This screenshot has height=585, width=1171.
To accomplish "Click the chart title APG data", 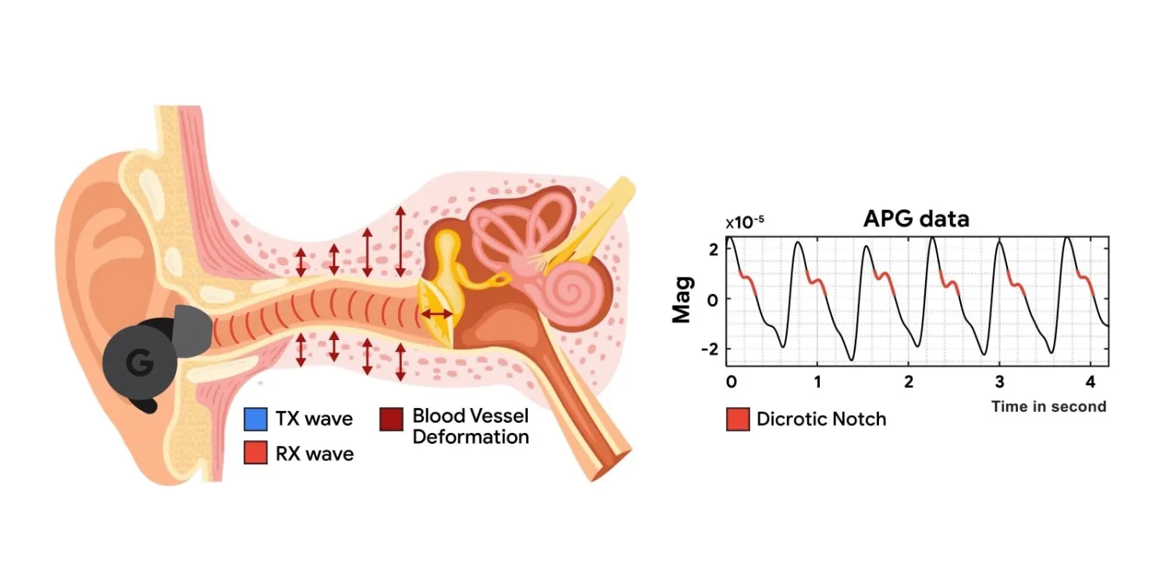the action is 916,219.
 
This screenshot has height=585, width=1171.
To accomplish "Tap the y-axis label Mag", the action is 682,300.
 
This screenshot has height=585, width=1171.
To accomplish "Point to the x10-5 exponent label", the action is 745,222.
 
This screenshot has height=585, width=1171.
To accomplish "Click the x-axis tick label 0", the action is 731,382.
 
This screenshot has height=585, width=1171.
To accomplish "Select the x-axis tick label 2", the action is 909,382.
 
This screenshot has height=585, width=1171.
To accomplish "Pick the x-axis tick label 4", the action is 1090,382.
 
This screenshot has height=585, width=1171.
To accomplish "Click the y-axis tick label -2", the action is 710,349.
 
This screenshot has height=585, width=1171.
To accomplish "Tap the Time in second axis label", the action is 1048,406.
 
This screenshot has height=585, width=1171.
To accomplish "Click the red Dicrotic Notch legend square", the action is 738,420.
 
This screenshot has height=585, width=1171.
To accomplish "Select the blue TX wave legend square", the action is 255,420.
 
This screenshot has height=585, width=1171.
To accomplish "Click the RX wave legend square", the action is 255,452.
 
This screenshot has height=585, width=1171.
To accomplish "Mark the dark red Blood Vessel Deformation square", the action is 392,420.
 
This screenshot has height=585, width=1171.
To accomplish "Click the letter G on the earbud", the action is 140,363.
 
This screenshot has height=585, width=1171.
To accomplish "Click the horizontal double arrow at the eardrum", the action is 436,314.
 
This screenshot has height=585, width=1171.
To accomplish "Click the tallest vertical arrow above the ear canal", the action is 400,241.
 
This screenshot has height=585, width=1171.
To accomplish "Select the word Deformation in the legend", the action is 471,437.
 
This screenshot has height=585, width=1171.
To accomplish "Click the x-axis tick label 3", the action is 999,382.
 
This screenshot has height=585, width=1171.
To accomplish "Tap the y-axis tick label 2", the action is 714,250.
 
